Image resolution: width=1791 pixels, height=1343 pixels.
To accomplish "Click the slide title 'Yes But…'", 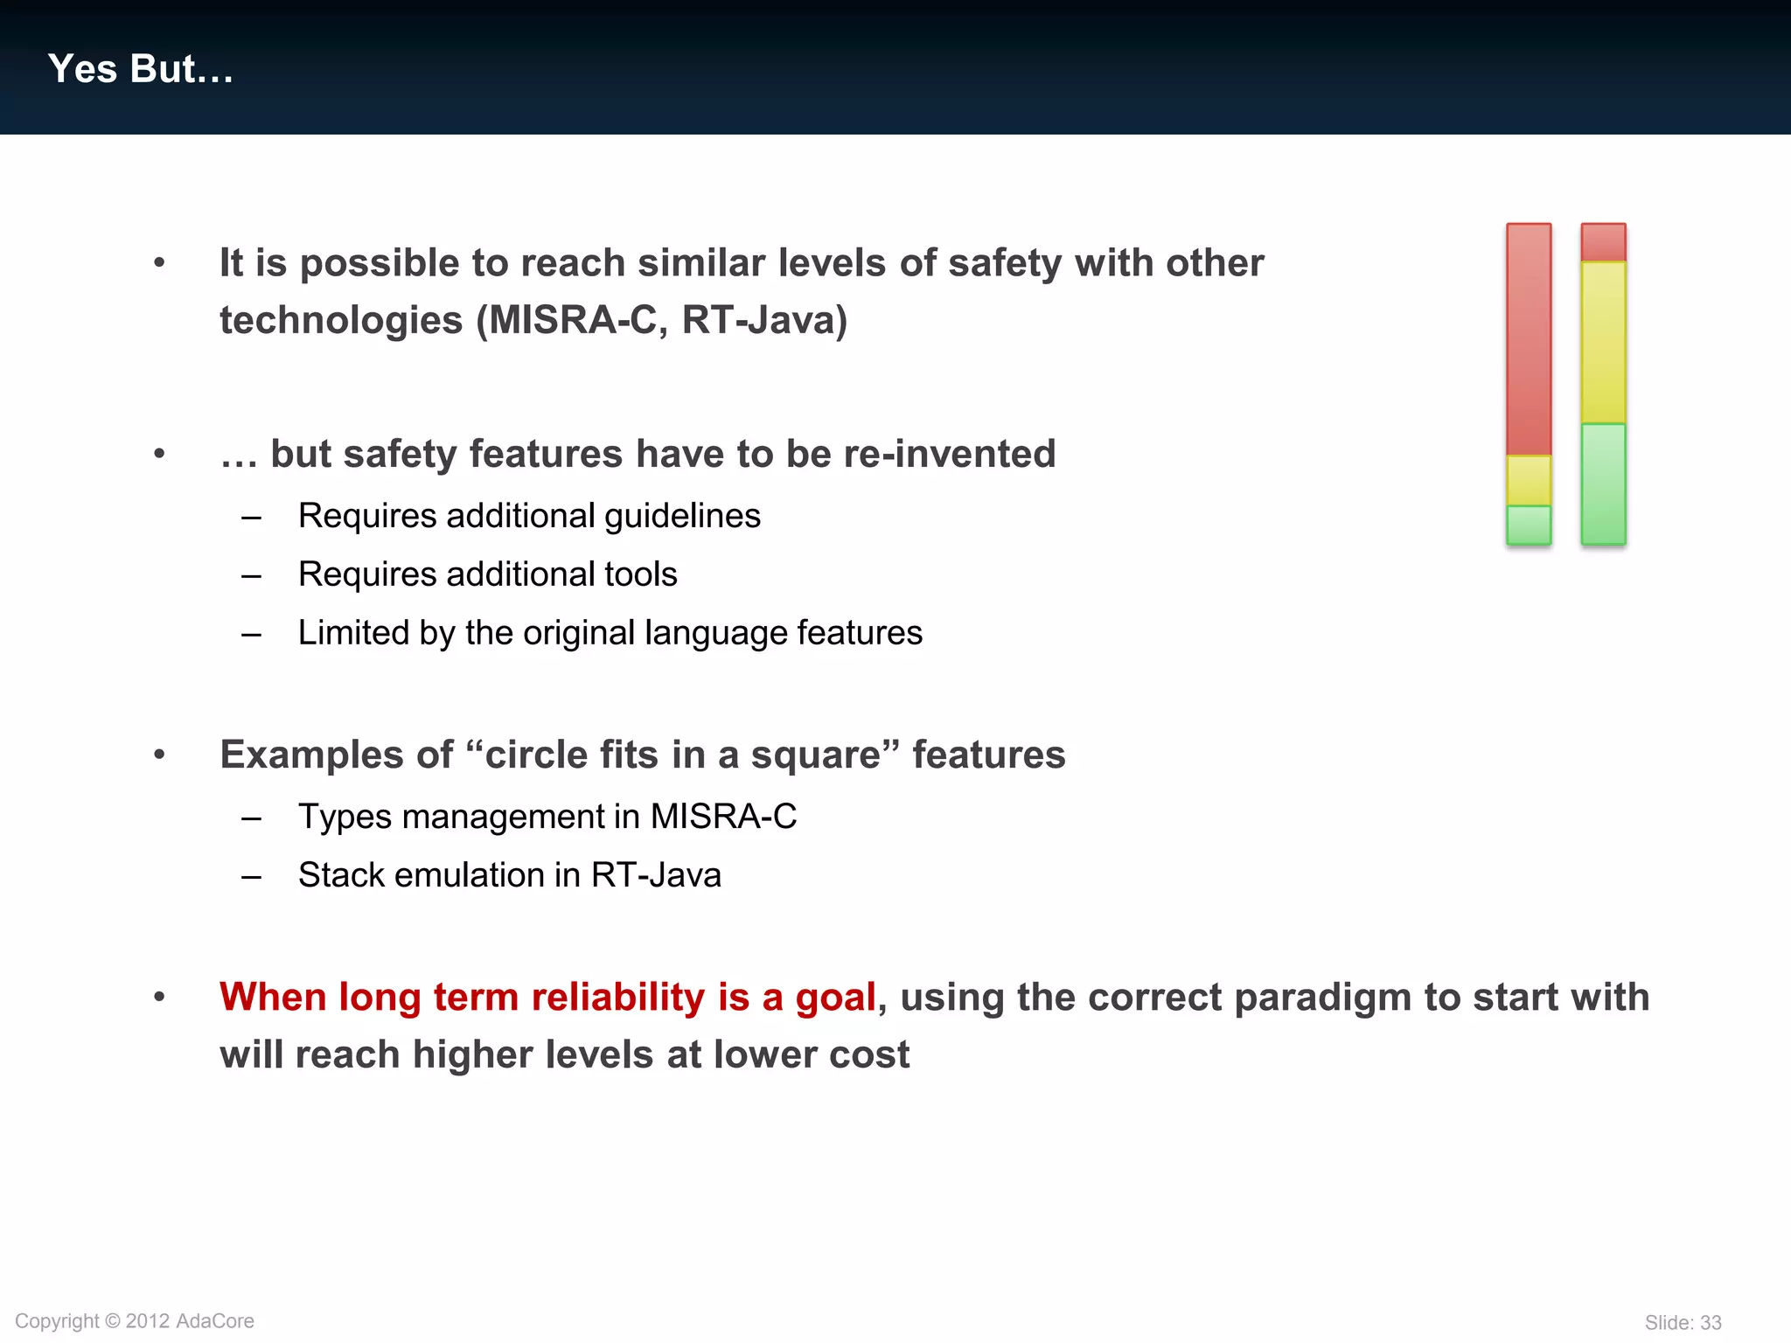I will [x=141, y=69].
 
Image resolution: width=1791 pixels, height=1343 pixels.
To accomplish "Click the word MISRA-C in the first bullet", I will [x=574, y=320].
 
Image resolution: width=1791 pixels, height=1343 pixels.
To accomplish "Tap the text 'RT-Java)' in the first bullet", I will [x=764, y=320].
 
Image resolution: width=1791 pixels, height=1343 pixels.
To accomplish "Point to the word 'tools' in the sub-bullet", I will [x=645, y=574].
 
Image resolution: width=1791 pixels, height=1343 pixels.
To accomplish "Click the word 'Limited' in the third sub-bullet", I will [x=352, y=632].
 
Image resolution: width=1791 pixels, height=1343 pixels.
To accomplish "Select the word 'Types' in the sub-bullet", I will [x=345, y=817].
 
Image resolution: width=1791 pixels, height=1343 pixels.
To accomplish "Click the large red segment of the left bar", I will [x=1529, y=339].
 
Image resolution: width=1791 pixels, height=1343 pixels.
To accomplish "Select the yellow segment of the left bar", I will [x=1529, y=480].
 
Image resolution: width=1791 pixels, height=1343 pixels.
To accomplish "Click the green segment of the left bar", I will [x=1529, y=525].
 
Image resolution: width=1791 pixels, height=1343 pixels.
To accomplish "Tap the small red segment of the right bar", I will [x=1603, y=242].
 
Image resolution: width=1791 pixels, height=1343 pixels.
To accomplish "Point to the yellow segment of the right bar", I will [x=1603, y=343].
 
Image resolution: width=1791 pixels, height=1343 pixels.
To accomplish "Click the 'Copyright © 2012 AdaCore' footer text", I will [x=135, y=1321].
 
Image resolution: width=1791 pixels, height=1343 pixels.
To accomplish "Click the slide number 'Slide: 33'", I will [x=1683, y=1323].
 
